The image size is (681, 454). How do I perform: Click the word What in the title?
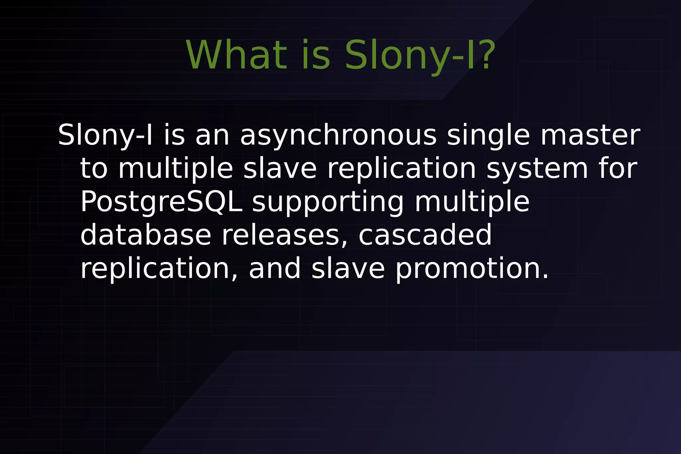[236, 55]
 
